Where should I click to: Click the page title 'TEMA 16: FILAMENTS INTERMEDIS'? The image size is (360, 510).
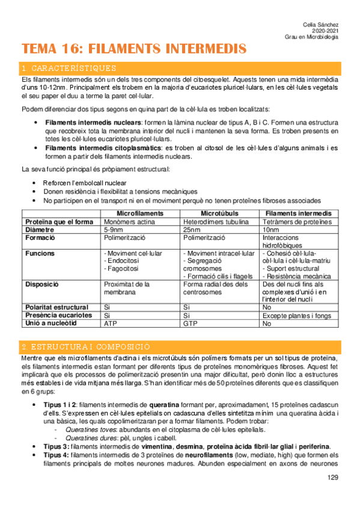coord(133,48)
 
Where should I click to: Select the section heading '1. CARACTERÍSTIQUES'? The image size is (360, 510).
coord(69,68)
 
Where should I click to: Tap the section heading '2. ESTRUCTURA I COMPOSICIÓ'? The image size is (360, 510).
coord(85,347)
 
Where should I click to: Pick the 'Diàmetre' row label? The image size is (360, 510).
coord(40,230)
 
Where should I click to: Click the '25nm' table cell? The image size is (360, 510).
coord(191,230)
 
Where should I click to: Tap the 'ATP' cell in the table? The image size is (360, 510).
coord(111,324)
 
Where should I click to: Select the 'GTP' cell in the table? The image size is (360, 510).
coord(191,324)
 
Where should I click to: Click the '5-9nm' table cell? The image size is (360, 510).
coord(113,230)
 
